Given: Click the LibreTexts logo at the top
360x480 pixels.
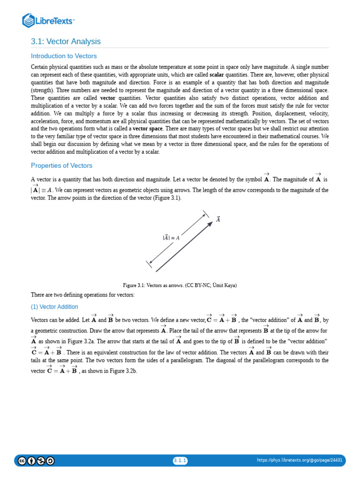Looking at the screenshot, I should point(48,21).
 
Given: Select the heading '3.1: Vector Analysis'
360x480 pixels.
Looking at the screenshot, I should point(66,42).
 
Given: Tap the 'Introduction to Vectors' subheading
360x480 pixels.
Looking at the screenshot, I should point(64,56).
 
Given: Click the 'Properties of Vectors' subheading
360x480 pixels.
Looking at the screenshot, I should point(61,165).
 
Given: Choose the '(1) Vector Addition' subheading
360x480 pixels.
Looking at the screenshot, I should point(54,307).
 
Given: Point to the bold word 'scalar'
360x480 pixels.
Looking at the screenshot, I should point(217,75).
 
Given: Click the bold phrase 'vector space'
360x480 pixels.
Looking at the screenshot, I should point(148,128).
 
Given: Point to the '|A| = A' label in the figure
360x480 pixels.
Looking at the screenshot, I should point(171,238).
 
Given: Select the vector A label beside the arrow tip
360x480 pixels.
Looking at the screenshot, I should point(218,218).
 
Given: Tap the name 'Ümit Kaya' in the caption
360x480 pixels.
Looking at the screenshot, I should point(224,285).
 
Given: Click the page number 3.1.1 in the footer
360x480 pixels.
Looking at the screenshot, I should point(180,460).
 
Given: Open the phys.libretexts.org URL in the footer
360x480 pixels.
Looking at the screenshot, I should point(300,460).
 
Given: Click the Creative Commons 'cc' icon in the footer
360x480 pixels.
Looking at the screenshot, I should point(22,461).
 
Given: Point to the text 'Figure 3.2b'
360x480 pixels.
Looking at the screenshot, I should point(123,370).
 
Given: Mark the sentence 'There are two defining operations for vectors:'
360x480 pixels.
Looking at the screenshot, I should point(82,295).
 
